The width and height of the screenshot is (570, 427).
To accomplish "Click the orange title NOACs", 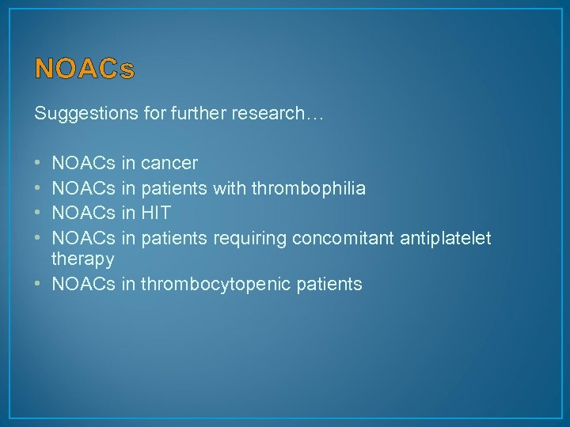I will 85,70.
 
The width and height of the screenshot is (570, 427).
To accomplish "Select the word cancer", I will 169,164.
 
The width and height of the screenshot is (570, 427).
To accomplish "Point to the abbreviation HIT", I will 154,213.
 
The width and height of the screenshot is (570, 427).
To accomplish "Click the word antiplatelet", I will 446,238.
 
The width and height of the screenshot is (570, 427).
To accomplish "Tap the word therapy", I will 83,260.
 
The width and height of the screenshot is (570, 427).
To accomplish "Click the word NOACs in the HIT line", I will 83,213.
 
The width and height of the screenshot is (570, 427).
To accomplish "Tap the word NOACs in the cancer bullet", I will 83,164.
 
